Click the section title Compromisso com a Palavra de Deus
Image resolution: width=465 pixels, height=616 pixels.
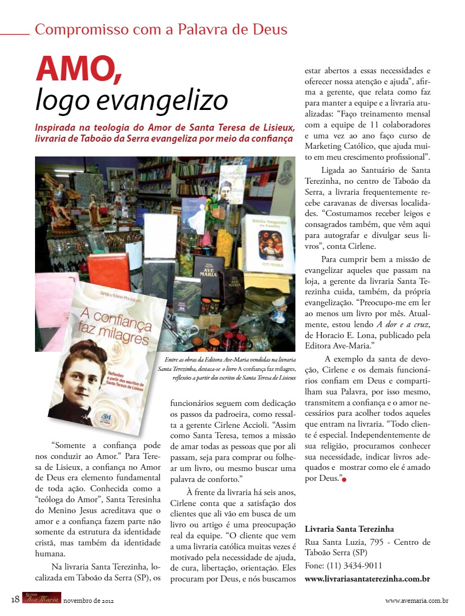tap(161, 30)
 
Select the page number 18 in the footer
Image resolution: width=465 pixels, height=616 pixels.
tap(15, 600)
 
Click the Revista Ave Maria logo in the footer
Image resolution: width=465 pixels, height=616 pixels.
tap(42, 599)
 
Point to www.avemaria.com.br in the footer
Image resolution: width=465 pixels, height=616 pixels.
tap(417, 601)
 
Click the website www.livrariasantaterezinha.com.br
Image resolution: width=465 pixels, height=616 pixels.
tap(367, 578)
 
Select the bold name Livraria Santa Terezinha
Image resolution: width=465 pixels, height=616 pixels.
tap(349, 529)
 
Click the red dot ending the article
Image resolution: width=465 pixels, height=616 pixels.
tap(345, 480)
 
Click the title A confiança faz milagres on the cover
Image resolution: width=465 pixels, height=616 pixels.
tap(104, 328)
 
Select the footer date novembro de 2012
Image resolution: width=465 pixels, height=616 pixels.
tap(88, 601)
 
